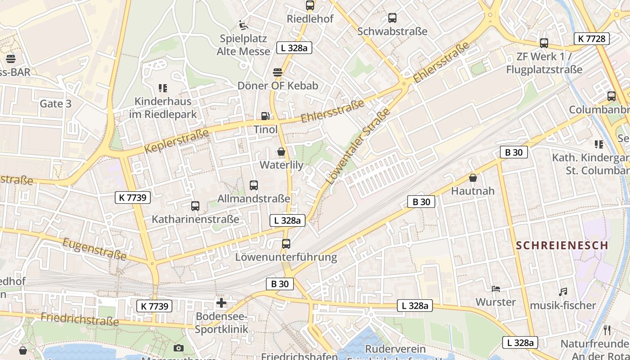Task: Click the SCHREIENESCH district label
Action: [562, 246]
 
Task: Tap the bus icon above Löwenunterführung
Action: [286, 244]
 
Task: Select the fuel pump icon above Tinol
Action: [265, 116]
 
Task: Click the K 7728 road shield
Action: [592, 39]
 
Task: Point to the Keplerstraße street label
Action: [177, 141]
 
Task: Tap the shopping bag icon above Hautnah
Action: [473, 178]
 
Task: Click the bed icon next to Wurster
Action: [496, 288]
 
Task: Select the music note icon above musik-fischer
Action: [562, 292]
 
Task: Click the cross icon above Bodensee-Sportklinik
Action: [221, 303]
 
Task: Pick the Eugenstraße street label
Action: [94, 249]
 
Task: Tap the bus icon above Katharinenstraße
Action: [195, 206]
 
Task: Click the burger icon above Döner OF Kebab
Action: [278, 72]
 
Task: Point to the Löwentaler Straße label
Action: [357, 149]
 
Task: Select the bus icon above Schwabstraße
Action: [392, 18]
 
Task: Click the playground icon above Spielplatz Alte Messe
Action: [243, 25]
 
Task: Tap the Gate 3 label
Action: [55, 103]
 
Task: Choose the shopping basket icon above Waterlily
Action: [281, 152]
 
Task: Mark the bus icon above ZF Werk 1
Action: [544, 43]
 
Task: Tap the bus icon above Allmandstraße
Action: [254, 185]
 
